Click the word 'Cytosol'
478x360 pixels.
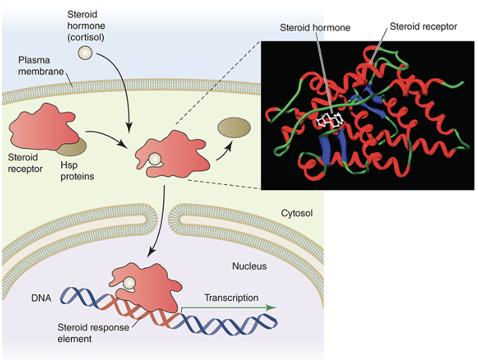click(296, 214)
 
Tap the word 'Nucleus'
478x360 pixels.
click(250, 266)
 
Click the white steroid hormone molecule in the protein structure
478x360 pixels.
click(332, 120)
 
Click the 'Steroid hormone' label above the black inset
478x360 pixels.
click(315, 28)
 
